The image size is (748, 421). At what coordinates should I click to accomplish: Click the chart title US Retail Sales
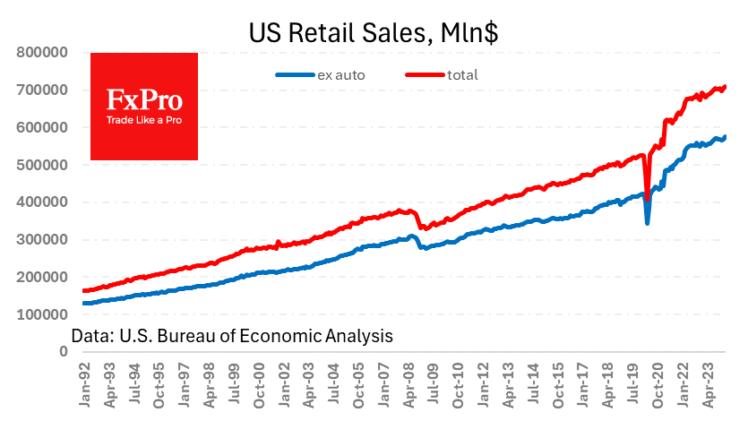pos(374,33)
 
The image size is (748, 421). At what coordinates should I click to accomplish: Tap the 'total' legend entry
pos(465,75)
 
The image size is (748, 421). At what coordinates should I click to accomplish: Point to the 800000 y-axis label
pos(44,52)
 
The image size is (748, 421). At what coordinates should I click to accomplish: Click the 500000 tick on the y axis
pos(44,165)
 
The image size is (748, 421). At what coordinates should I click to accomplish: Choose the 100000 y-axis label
pos(44,314)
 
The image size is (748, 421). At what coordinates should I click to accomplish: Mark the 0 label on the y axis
pos(64,352)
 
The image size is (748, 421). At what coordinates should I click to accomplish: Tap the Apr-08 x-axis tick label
pos(408,384)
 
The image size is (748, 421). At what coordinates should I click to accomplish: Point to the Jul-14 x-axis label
pos(530,384)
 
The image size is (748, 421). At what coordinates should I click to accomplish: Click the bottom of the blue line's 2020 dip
pos(648,222)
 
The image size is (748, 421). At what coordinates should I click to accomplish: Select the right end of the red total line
pos(725,87)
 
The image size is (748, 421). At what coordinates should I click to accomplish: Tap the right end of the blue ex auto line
pos(725,137)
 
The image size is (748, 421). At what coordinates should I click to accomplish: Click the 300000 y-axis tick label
pos(44,239)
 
